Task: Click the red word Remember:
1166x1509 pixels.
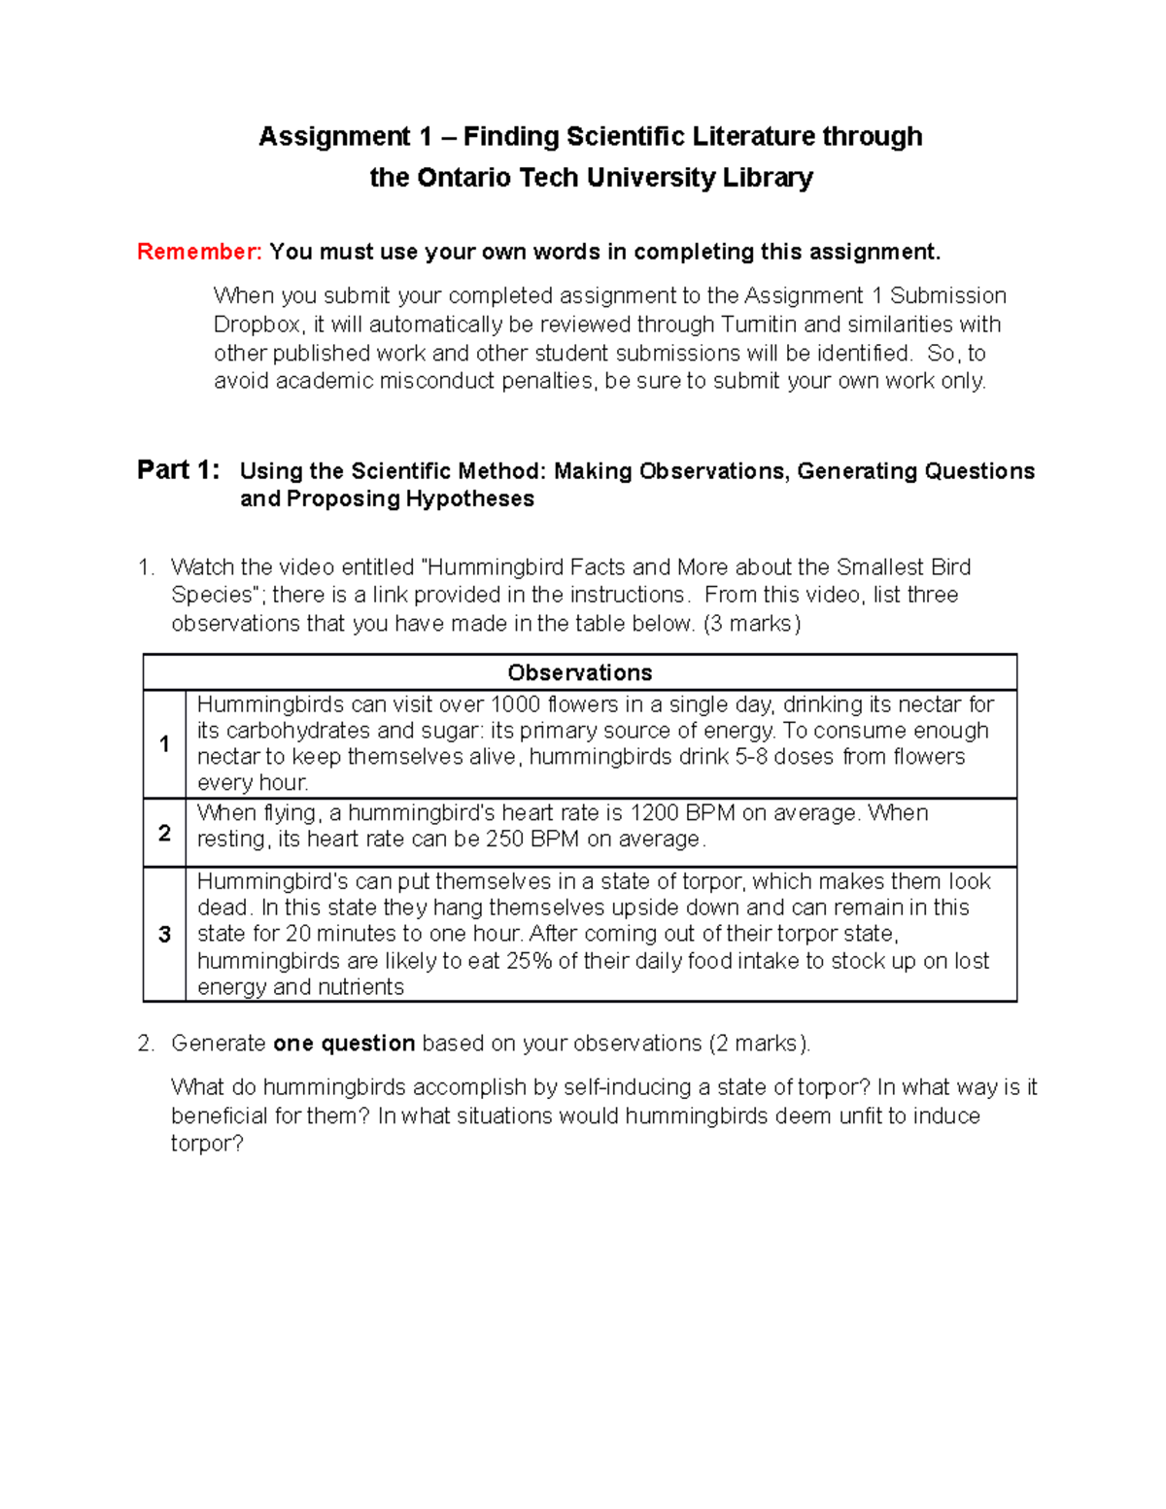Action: click(x=199, y=253)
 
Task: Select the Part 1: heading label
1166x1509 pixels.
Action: click(x=178, y=470)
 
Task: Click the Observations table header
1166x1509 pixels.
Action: click(x=579, y=672)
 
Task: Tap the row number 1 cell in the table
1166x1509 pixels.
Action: click(x=164, y=744)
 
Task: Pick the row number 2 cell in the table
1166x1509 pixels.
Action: click(x=164, y=833)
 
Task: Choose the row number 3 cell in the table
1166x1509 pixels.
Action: click(x=164, y=934)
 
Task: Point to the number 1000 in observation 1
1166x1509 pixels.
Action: click(x=516, y=704)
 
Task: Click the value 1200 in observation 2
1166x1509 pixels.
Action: click(x=654, y=813)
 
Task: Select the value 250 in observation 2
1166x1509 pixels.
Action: click(x=504, y=840)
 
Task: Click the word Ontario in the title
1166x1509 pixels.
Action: click(x=463, y=178)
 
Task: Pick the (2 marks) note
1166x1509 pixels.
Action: click(x=758, y=1044)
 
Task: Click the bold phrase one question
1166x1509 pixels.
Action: click(x=344, y=1044)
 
